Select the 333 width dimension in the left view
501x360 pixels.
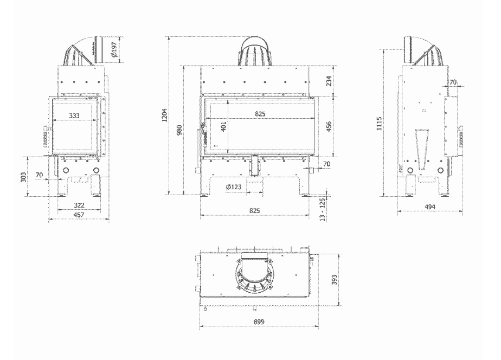click(x=74, y=115)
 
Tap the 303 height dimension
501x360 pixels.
click(x=23, y=177)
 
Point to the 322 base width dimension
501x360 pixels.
click(x=79, y=205)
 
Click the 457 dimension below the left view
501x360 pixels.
click(x=79, y=215)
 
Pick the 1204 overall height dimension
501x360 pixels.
click(x=164, y=115)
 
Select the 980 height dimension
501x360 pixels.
click(x=179, y=130)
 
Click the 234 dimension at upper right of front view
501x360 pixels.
click(x=329, y=81)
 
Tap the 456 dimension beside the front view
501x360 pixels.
click(x=329, y=126)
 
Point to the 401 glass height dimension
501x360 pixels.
click(x=223, y=126)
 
